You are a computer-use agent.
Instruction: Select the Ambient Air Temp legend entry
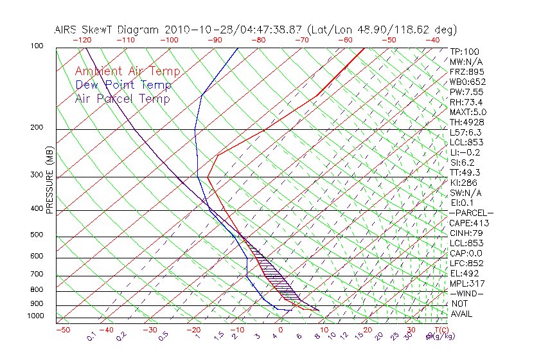tap(128, 71)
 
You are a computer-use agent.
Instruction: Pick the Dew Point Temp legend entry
tap(123, 85)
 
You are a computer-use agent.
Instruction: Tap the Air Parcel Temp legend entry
tap(122, 98)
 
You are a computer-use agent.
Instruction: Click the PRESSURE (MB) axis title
tap(49, 181)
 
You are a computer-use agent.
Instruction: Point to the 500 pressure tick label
tap(38, 235)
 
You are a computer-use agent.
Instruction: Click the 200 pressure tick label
tap(38, 127)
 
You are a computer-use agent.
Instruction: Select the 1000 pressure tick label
tap(36, 316)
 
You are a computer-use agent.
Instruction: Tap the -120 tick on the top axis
tap(82, 40)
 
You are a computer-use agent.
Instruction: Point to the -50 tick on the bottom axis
tap(62, 330)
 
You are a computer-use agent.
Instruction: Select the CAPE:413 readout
tap(468, 223)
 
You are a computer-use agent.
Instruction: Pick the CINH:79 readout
tap(466, 233)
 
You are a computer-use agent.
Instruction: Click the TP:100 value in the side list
tap(465, 51)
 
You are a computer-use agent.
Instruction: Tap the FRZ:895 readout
tap(466, 71)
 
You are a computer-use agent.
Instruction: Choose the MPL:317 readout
tap(466, 283)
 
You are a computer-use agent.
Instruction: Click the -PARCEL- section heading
tap(471, 213)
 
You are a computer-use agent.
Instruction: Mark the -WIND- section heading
tap(466, 293)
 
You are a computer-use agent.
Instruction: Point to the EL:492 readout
tap(465, 273)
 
